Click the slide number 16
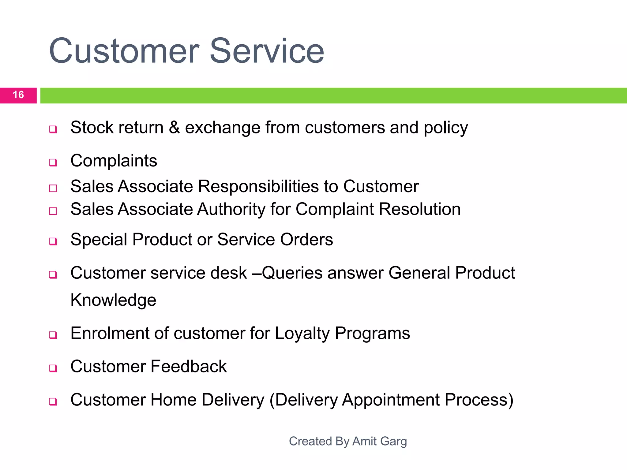(18, 95)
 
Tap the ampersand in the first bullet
(174, 127)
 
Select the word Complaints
(114, 161)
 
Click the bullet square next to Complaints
(53, 162)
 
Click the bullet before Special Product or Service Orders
(53, 241)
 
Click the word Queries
(292, 273)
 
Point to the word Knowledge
(113, 300)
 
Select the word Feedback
(189, 367)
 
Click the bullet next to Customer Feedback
(53, 368)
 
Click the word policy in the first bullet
(446, 128)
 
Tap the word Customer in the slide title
(124, 51)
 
